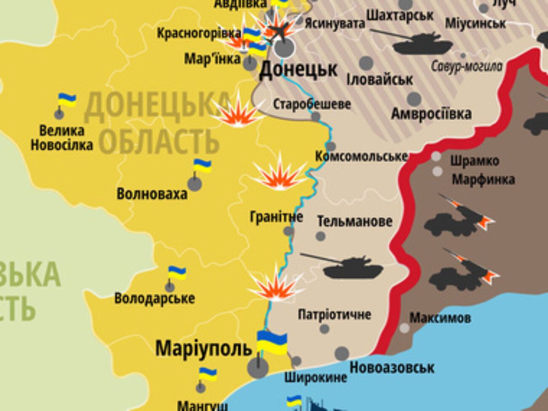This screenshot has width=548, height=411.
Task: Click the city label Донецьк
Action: (298, 70)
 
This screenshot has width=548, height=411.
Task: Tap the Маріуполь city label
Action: (204, 349)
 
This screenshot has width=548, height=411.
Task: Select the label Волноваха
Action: (152, 194)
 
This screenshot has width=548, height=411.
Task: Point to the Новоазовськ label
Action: (392, 368)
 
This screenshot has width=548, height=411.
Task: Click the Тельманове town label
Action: (355, 221)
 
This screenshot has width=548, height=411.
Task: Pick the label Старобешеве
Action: (312, 104)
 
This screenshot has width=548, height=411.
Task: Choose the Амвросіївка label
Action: (431, 114)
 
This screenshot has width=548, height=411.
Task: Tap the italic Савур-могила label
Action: (467, 66)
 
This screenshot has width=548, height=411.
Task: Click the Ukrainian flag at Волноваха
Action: (202, 166)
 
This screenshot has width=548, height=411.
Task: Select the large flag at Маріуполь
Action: (272, 342)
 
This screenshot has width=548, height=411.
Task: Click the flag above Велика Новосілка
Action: (67, 100)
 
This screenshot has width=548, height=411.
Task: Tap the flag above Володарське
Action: (177, 273)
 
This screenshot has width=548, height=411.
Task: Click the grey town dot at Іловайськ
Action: (366, 63)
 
